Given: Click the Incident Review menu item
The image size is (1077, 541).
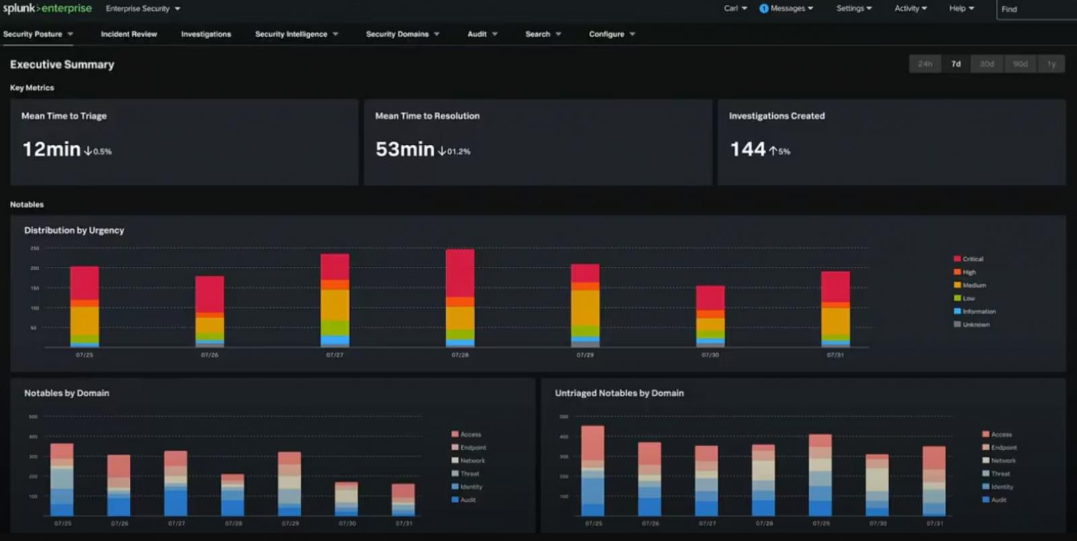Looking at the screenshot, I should point(129,34).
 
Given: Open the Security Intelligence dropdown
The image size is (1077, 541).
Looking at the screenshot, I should point(296,34).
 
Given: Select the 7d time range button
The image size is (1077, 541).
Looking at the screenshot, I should point(956,64).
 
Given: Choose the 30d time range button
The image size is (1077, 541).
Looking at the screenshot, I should point(987,64).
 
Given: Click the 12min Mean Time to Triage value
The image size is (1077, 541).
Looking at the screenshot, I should point(51,149).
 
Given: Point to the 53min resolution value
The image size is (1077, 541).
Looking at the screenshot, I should point(405,149).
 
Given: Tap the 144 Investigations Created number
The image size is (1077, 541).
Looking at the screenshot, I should point(748,149).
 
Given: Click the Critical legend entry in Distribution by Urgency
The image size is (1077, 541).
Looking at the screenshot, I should point(969,259).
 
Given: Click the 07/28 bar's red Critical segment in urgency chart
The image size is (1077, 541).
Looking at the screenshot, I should point(460,272).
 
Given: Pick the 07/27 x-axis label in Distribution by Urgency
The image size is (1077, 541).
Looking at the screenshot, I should point(335,355).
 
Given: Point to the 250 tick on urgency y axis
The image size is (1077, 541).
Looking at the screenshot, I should point(35,249).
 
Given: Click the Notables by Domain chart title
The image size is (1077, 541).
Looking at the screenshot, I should point(67,393).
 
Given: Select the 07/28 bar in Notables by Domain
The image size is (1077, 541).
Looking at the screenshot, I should point(233,495).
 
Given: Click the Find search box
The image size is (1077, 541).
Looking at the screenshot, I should point(1037,9).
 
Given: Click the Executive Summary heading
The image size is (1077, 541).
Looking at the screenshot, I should point(62,65).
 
